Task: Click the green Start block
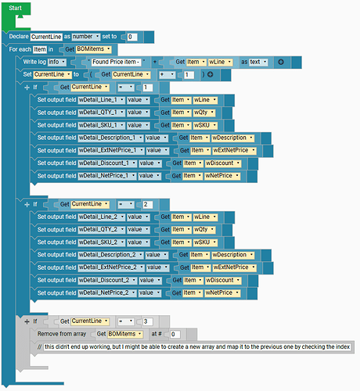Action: pos(15,9)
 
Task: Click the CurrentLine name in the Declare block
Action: pos(46,37)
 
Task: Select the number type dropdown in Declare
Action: pos(86,37)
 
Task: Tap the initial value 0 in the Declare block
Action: pos(131,37)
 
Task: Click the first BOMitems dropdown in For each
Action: pos(93,49)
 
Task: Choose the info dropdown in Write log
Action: pos(56,62)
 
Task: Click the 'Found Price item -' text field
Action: pos(116,62)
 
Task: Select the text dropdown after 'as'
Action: pos(258,62)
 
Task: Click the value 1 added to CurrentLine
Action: pos(189,75)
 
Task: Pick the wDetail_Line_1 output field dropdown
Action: pos(101,100)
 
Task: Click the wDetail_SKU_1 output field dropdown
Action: pos(101,125)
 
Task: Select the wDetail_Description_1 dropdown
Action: pos(110,138)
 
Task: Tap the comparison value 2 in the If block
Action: pos(147,204)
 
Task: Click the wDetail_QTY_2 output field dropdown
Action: pos(101,230)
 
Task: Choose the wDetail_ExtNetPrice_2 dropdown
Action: pos(111,267)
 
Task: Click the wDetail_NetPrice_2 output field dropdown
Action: pos(107,292)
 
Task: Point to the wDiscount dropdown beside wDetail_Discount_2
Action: pos(223,280)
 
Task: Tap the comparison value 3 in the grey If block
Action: pos(147,321)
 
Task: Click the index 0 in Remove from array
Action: pos(175,334)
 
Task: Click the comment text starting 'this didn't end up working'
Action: pos(197,347)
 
